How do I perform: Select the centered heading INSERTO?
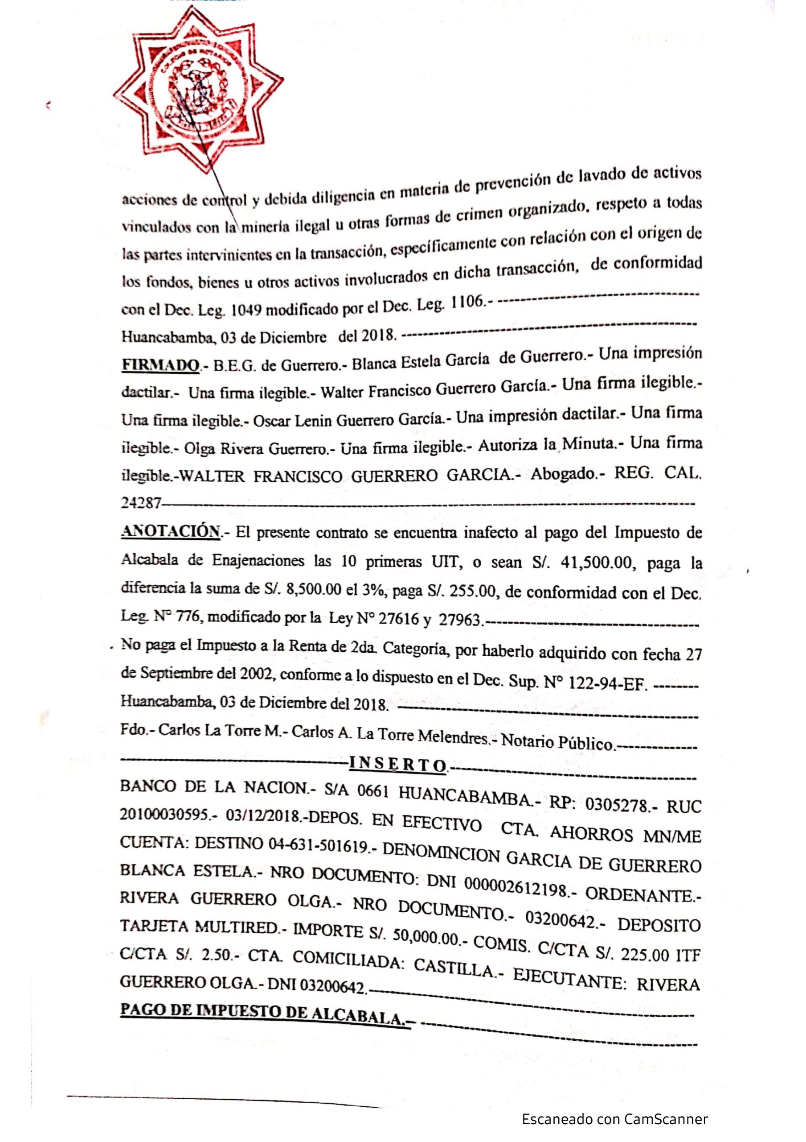tap(397, 763)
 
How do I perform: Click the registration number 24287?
tap(141, 504)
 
